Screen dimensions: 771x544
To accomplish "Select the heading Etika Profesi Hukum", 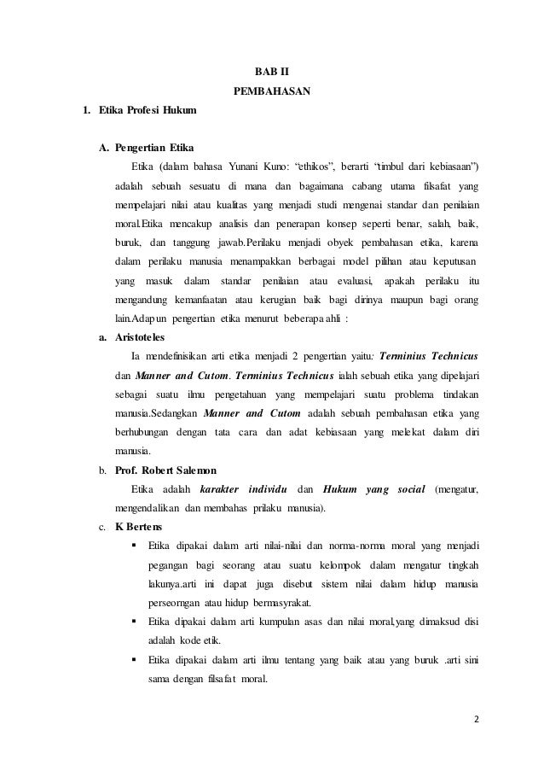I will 147,112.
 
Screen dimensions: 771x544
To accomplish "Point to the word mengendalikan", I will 148,510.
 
